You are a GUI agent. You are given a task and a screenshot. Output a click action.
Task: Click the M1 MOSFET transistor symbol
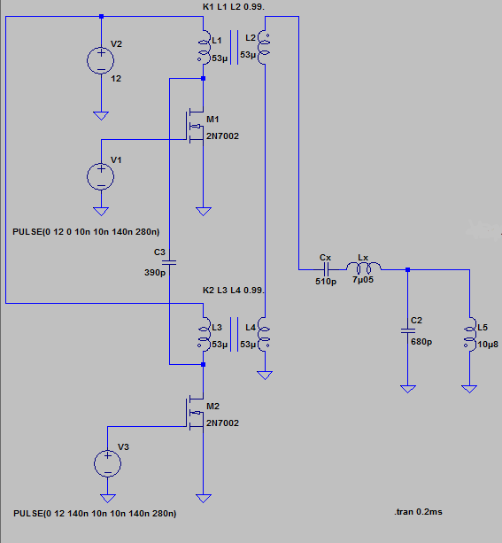coord(195,126)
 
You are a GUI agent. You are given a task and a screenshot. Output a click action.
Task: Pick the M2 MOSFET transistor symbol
coord(195,413)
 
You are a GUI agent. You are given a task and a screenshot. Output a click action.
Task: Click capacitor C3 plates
coord(169,262)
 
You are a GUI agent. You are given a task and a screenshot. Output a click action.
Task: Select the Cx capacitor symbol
coord(326,269)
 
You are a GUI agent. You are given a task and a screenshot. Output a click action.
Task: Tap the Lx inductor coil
coord(364,268)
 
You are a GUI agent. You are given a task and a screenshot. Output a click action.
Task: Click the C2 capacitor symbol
coord(408,331)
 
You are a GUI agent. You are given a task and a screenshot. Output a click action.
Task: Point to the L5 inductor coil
coord(470,335)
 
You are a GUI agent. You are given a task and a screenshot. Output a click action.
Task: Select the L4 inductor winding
coord(265,335)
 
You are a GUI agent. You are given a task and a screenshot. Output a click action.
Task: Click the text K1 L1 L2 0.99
coord(234,6)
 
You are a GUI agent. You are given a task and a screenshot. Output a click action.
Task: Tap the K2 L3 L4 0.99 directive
coord(234,291)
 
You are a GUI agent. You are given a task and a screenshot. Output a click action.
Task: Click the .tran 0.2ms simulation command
coord(418,512)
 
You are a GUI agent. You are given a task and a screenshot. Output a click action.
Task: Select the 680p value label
coord(421,342)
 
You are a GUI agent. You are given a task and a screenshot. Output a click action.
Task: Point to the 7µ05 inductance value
coord(363,279)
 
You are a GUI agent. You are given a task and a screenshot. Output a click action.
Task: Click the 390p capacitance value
coord(155,273)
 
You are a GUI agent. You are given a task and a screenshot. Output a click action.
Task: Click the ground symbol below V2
coord(101,116)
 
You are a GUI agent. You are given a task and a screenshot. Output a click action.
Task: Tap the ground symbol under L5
coord(469,389)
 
